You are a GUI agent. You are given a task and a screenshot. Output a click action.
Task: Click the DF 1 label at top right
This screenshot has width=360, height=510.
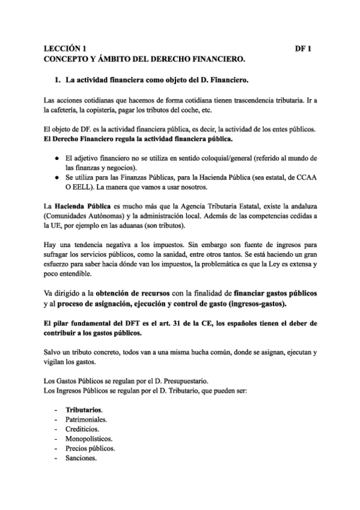305,49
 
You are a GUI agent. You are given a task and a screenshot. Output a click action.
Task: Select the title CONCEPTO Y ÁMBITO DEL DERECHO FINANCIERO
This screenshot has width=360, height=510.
145,60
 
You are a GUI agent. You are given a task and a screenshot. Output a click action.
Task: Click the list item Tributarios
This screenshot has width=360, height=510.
84,410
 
